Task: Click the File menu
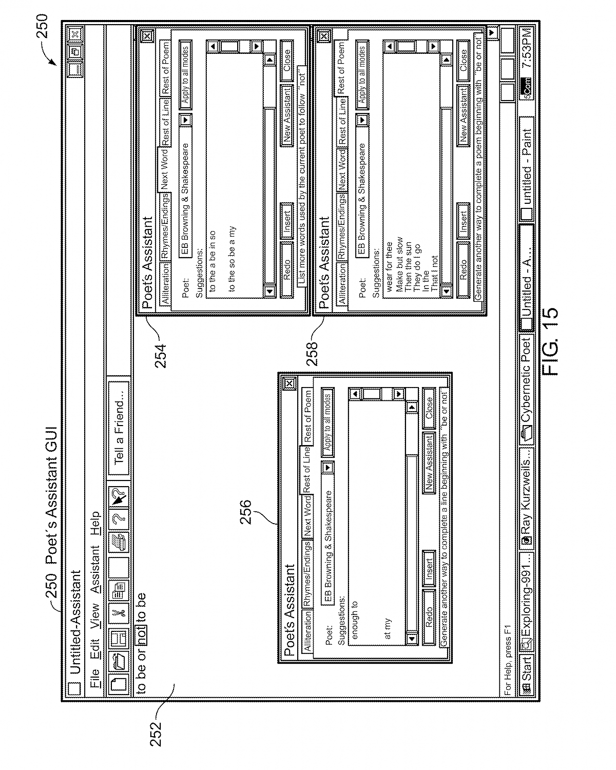point(95,671)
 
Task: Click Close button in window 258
point(464,60)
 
